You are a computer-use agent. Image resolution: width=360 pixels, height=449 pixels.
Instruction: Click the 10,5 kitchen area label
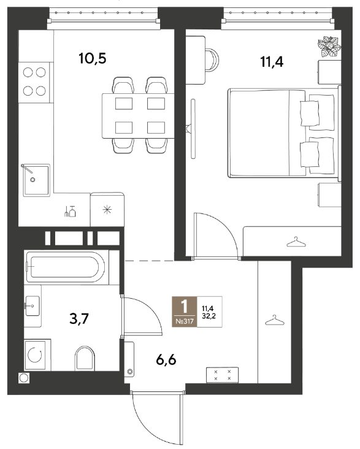click(92, 58)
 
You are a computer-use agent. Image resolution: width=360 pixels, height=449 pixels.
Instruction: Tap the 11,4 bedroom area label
click(272, 61)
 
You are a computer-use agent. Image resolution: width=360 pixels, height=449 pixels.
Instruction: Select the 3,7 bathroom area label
click(79, 318)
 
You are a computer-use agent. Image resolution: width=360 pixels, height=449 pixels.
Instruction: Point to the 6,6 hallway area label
click(166, 359)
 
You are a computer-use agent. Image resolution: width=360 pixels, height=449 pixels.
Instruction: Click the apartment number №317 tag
click(185, 321)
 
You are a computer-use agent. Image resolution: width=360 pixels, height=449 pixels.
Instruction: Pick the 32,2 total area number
click(209, 316)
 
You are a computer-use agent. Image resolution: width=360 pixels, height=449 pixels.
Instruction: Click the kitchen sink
click(36, 180)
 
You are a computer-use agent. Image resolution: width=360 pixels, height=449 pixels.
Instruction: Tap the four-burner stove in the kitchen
click(34, 82)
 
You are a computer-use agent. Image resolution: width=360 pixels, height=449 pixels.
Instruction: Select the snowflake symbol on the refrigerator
click(107, 210)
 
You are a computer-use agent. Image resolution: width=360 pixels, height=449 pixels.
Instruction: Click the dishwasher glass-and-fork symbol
click(70, 212)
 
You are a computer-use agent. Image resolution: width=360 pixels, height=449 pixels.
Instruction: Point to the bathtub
click(66, 267)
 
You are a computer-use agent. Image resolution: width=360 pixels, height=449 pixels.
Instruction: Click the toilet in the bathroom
click(85, 358)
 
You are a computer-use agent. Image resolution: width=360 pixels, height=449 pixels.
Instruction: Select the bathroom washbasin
click(33, 306)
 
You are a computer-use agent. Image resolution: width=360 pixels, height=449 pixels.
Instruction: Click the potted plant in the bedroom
click(329, 47)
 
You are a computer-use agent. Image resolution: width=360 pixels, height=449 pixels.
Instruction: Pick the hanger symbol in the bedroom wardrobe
click(296, 242)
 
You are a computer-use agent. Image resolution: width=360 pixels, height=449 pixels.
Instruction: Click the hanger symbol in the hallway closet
click(275, 320)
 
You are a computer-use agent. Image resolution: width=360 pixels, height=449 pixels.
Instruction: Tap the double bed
click(284, 133)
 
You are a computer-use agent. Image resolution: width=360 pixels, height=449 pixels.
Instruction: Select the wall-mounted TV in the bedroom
click(193, 129)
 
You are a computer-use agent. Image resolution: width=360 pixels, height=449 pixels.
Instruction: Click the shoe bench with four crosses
click(222, 375)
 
